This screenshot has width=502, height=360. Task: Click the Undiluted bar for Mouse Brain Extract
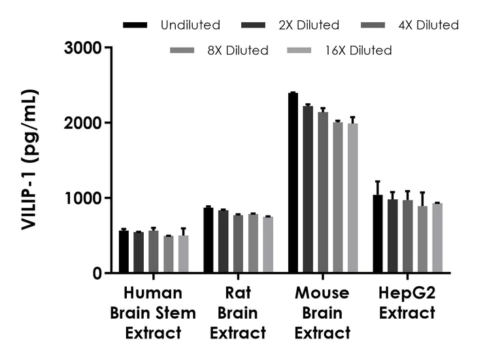pos(293,183)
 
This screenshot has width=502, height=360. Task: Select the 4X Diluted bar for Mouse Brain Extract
pos(323,192)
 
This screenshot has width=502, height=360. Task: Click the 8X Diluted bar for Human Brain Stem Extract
pos(169,254)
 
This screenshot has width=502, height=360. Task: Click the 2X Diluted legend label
pos(308,25)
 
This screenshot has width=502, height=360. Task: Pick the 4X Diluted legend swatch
pos(373,25)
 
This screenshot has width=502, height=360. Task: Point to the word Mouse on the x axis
pos(322,293)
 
